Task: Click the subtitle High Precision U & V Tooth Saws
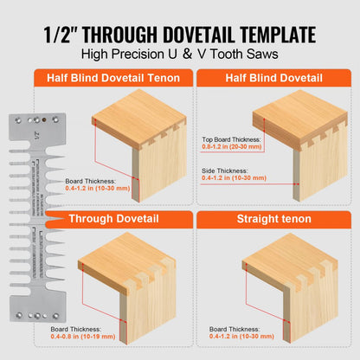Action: pos(180,55)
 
